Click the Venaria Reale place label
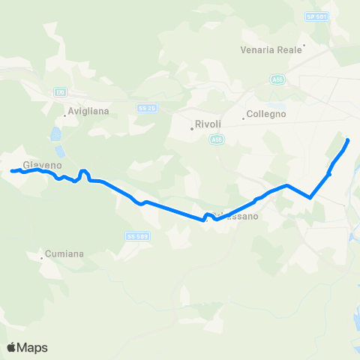271,49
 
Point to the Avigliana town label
88,111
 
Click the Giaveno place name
41,164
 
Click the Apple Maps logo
27,347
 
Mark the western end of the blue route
11,172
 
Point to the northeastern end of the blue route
347,140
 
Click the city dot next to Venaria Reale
304,45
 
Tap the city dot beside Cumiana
42,259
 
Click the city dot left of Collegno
244,118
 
